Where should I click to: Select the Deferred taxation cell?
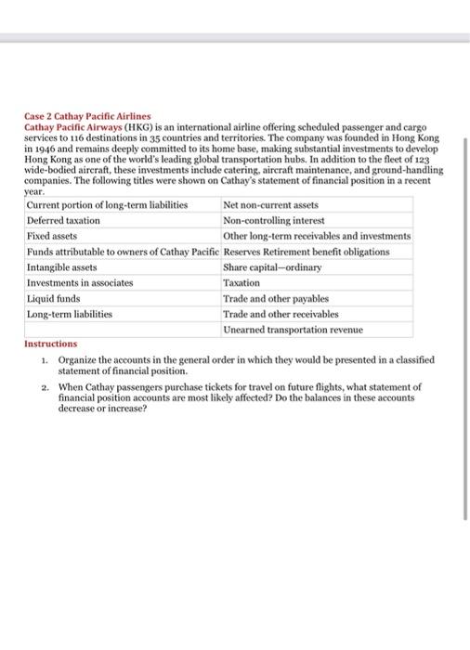click(64, 221)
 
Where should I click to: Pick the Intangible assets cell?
click(62, 267)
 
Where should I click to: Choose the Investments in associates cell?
click(80, 282)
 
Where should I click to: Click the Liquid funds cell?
click(54, 299)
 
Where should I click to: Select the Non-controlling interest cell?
click(274, 221)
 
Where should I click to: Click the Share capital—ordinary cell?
click(272, 267)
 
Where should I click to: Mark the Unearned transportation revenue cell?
click(293, 330)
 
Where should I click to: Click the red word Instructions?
click(51, 344)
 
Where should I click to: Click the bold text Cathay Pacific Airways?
click(71, 125)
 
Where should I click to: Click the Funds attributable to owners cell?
click(124, 252)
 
